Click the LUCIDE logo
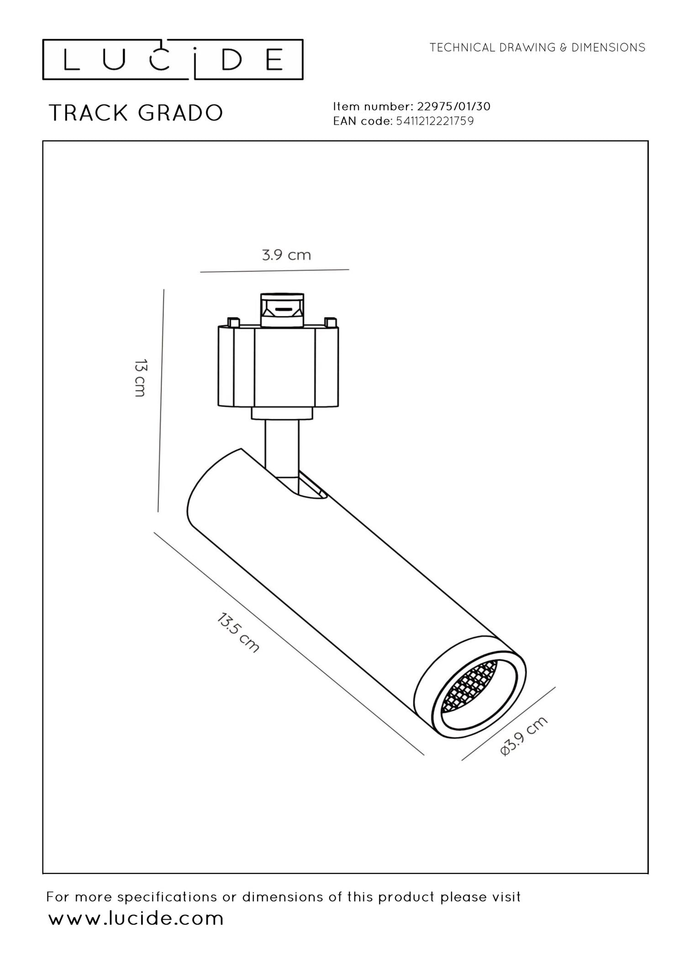(173, 59)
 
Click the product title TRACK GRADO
(136, 113)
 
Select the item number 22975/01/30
(453, 106)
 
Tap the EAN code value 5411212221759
(435, 121)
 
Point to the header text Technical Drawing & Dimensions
(537, 47)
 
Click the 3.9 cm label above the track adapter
(286, 255)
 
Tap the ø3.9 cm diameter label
(524, 736)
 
